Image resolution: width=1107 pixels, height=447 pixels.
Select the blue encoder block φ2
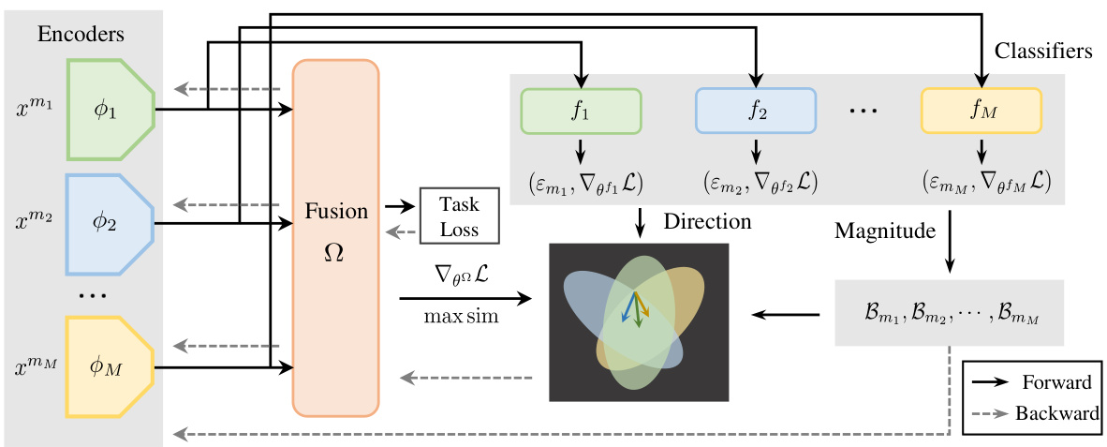pyautogui.click(x=109, y=225)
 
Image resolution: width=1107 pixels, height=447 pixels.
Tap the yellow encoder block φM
pyautogui.click(x=109, y=366)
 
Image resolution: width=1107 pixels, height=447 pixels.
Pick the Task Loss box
pyautogui.click(x=461, y=215)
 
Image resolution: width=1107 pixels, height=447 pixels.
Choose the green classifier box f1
pyautogui.click(x=581, y=112)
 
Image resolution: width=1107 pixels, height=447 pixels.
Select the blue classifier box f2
pyautogui.click(x=755, y=112)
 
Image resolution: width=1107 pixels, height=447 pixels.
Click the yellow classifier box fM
pyautogui.click(x=981, y=112)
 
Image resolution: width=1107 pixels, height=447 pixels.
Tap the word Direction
pyautogui.click(x=707, y=222)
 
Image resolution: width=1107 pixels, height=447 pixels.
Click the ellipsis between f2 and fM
pyautogui.click(x=863, y=112)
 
